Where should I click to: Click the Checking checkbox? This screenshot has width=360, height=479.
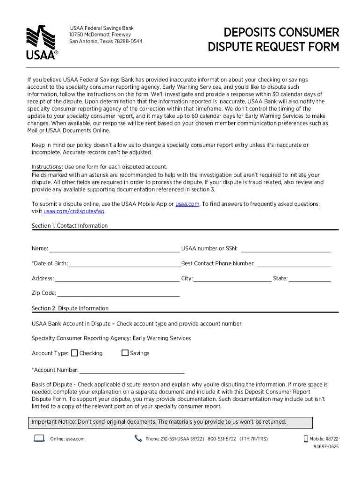click(74, 353)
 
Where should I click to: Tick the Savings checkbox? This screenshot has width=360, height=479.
click(125, 353)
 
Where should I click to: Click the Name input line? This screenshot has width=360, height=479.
click(114, 248)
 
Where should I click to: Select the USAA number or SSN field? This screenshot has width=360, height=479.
click(286, 248)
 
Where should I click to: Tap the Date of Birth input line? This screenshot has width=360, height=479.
click(125, 263)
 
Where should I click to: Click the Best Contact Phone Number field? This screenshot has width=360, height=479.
click(294, 263)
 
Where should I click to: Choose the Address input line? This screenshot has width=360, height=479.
click(117, 278)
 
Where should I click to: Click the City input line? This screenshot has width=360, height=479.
click(232, 278)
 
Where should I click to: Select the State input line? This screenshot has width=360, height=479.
click(310, 278)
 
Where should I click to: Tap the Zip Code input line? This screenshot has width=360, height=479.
click(118, 293)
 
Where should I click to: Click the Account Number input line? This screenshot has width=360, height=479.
click(132, 370)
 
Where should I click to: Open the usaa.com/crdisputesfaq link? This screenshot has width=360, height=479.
click(74, 211)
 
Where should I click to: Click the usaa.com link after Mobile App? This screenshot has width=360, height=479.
click(187, 204)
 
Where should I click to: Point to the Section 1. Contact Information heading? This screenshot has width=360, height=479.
click(70, 226)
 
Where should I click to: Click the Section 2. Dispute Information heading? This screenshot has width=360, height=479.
click(70, 308)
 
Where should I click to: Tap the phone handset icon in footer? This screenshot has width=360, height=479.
click(138, 438)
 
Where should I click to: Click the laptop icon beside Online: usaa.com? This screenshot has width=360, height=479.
click(39, 438)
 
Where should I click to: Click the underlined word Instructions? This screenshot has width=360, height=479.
click(47, 167)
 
